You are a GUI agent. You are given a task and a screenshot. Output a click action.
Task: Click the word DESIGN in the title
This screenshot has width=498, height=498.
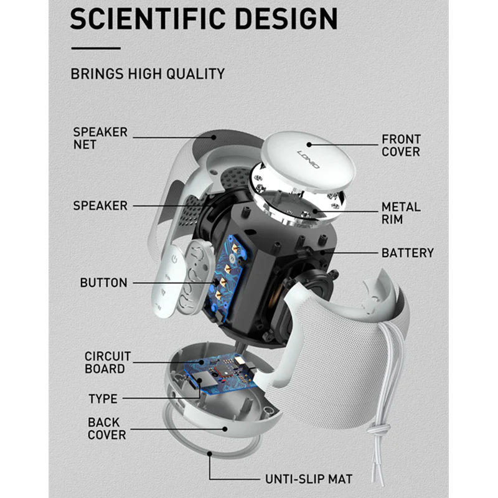click(286, 19)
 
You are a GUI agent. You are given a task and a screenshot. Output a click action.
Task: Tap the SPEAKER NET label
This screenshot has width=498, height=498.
click(100, 138)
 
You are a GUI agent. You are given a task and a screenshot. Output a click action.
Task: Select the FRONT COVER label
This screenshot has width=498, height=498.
click(401, 146)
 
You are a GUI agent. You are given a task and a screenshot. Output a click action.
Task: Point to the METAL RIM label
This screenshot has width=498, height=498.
click(401, 213)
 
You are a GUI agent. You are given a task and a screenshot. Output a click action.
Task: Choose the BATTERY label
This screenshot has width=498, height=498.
click(408, 253)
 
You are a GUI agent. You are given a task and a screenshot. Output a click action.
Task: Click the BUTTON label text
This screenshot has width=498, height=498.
click(103, 283)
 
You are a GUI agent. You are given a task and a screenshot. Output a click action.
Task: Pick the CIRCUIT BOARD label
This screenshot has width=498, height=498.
click(108, 363)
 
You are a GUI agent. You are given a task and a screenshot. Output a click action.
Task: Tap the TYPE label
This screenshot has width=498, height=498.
click(103, 399)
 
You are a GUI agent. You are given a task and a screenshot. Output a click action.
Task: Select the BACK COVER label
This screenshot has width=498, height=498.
click(106, 428)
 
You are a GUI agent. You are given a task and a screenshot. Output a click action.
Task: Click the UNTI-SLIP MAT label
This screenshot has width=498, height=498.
click(309, 479)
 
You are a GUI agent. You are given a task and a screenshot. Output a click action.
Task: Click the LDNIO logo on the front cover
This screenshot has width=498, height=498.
click(308, 159)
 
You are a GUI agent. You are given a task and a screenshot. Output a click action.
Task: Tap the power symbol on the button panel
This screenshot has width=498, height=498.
click(174, 260)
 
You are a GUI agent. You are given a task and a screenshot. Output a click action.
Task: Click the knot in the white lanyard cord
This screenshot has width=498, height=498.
click(378, 429)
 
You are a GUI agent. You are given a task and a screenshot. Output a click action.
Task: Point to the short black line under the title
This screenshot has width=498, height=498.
click(96, 49)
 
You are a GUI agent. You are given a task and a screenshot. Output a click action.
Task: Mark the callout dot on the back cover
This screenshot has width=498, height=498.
click(225, 429)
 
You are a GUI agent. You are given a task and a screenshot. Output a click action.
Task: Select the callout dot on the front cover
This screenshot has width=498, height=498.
click(309, 145)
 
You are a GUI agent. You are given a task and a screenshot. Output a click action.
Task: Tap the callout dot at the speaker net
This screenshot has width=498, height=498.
click(214, 138)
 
